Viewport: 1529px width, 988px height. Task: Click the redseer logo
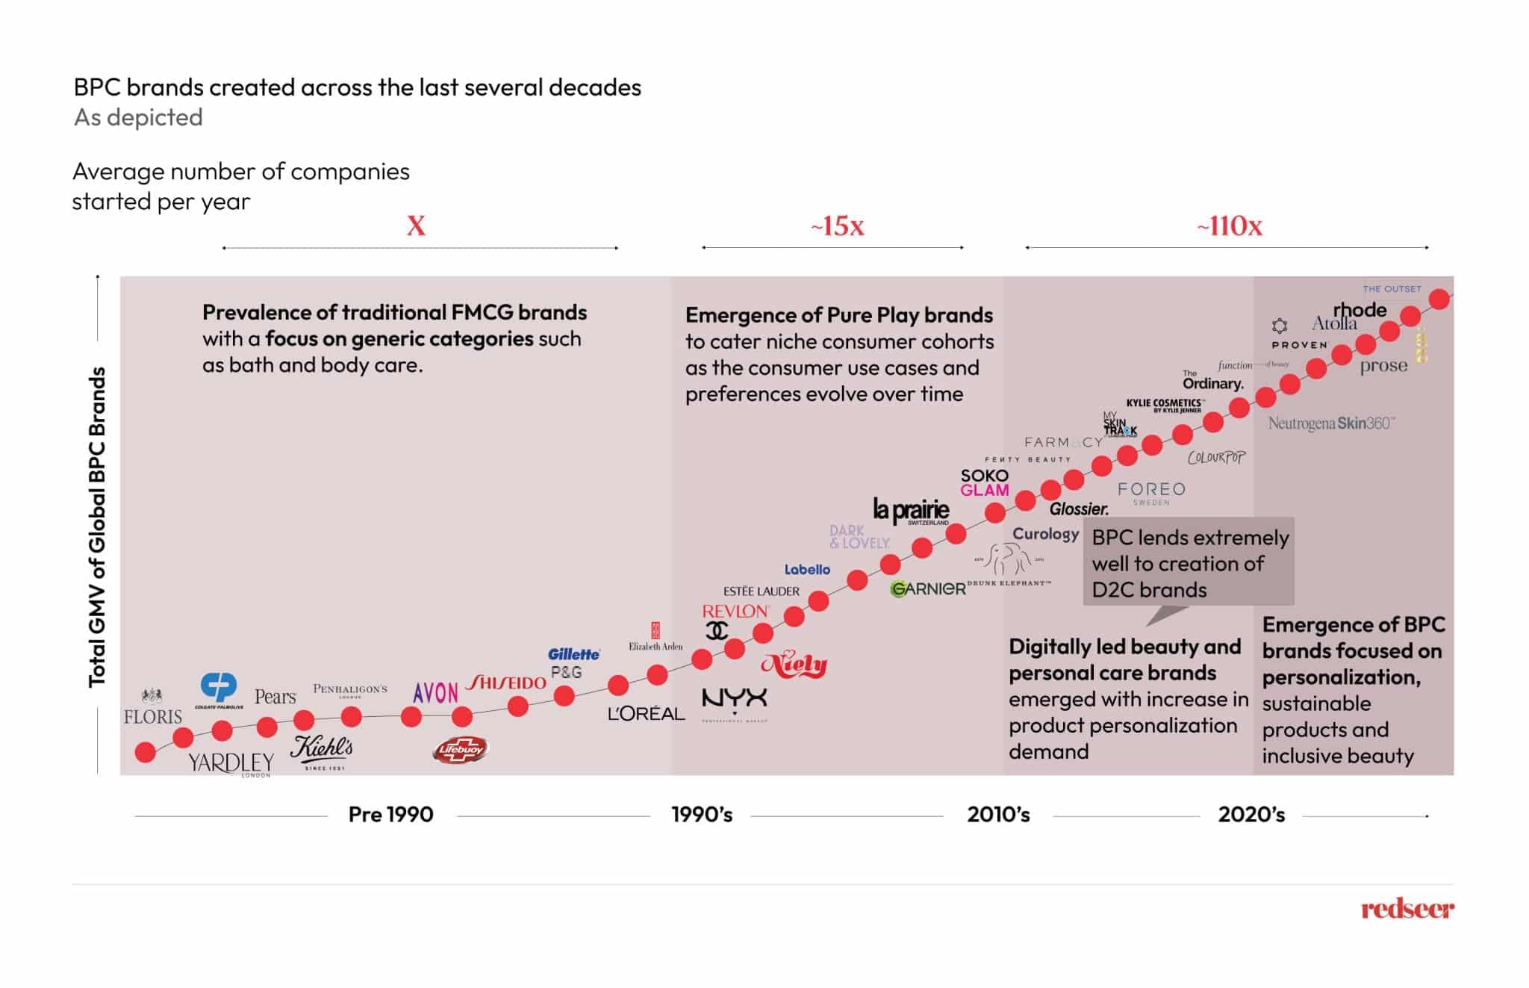tap(1407, 909)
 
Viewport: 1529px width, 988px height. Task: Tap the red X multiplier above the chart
tap(416, 226)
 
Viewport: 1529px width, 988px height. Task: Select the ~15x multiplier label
tap(838, 226)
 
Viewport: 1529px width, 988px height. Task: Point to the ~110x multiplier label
tap(1230, 226)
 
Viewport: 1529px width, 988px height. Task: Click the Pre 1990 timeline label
tap(390, 814)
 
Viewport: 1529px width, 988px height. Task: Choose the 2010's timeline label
tap(998, 814)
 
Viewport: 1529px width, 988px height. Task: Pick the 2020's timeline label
tap(1251, 814)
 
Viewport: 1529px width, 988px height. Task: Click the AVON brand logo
tap(435, 693)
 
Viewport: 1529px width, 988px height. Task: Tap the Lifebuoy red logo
tap(461, 749)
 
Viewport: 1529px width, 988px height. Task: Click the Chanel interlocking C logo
tap(717, 631)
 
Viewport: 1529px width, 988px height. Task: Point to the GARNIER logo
tap(928, 588)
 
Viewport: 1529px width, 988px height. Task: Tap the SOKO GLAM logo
tap(984, 482)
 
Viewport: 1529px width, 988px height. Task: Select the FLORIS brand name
tap(153, 717)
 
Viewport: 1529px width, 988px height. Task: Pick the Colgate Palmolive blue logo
tap(219, 687)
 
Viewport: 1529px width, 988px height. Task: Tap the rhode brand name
tap(1360, 309)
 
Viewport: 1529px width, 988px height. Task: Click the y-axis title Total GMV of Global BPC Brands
tap(97, 526)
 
